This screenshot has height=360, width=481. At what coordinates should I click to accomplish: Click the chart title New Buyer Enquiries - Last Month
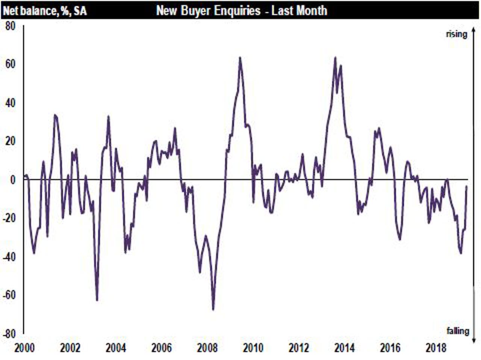241,10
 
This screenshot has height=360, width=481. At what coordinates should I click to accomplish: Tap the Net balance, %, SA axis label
45,11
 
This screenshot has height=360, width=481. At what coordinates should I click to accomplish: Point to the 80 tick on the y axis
11,26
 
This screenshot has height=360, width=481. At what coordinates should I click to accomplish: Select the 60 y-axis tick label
11,64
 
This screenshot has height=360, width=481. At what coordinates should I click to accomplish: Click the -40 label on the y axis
9,257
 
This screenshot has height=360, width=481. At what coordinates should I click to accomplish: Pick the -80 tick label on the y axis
9,334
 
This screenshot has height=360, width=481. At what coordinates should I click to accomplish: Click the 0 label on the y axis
13,180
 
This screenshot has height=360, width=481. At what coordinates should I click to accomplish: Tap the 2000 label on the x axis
24,348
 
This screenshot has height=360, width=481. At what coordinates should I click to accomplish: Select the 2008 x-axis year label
207,348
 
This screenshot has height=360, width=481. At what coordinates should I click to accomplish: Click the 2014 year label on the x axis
344,348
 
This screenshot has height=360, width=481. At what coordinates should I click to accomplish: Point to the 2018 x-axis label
436,348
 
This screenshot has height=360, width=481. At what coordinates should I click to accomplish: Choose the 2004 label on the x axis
115,348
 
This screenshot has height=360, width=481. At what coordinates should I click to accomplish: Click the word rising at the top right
457,34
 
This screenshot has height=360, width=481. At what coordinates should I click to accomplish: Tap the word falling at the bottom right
458,331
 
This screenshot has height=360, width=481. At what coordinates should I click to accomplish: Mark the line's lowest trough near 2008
213,309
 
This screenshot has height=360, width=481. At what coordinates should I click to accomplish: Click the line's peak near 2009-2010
240,58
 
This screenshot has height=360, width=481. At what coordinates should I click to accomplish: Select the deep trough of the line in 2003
97,300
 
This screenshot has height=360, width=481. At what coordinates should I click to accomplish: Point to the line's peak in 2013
335,58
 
